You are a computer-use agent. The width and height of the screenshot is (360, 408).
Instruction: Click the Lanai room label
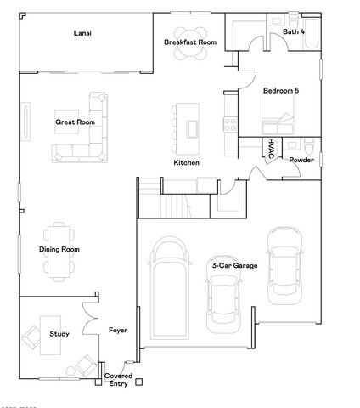pyautogui.click(x=82, y=33)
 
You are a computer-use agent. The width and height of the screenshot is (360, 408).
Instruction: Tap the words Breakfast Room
pyautogui.click(x=189, y=42)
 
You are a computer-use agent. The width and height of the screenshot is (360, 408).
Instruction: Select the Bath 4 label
pyautogui.click(x=294, y=32)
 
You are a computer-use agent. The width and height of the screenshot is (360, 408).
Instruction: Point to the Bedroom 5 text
pyautogui.click(x=280, y=90)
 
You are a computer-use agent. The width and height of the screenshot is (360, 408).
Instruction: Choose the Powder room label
pyautogui.click(x=301, y=160)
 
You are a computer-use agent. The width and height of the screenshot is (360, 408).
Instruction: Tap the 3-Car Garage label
pyautogui.click(x=233, y=265)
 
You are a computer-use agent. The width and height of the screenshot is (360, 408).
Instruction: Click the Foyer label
pyautogui.click(x=117, y=330)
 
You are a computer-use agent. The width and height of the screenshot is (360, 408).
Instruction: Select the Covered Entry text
pyautogui.click(x=118, y=380)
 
